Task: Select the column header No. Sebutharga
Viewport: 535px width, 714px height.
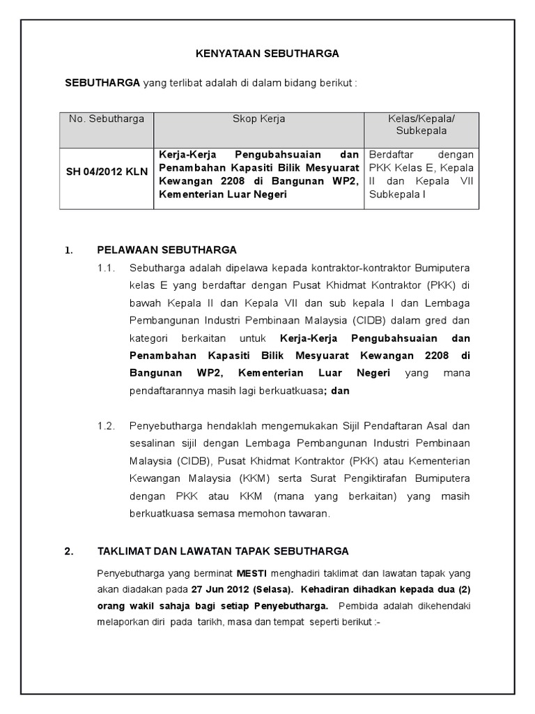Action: click(x=107, y=119)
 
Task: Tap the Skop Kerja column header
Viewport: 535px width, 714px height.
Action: click(x=258, y=119)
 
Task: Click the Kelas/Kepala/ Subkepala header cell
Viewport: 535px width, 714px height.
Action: click(x=421, y=125)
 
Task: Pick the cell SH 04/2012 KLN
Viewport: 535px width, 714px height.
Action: click(x=107, y=172)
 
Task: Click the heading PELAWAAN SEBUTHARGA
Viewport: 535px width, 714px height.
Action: click(x=167, y=250)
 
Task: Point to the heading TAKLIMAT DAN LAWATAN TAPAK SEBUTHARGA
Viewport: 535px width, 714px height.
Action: click(x=223, y=551)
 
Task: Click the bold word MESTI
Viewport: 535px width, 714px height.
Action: click(x=253, y=572)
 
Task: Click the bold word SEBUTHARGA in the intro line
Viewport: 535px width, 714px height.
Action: click(x=102, y=83)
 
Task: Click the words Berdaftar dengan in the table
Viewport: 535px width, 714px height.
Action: click(x=421, y=154)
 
